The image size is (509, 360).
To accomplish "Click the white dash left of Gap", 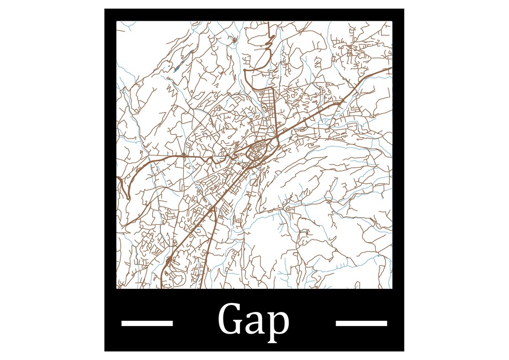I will (147, 323).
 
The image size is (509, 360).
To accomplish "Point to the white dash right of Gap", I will (361, 323).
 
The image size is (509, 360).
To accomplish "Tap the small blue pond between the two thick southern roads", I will (198, 229).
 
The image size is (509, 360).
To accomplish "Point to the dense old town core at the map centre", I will (258, 152).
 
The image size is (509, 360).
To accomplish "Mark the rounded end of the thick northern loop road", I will (246, 72).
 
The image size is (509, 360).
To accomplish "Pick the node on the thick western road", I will (183, 155).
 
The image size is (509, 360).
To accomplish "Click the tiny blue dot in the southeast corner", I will (378, 256).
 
